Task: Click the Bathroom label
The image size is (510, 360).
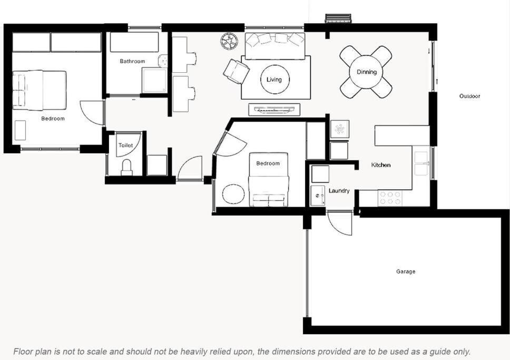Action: [x=132, y=61]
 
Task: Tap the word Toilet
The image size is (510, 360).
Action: [x=125, y=145]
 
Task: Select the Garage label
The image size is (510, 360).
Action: [x=406, y=271]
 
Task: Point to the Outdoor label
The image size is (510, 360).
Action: [x=469, y=96]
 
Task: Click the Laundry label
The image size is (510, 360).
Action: [x=339, y=191]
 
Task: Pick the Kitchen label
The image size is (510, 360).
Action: [x=381, y=165]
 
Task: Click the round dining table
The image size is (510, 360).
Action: [x=366, y=72]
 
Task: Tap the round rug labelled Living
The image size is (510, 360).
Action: [x=275, y=80]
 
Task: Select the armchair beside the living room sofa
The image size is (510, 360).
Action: [x=237, y=71]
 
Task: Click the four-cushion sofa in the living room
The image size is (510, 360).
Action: [x=275, y=46]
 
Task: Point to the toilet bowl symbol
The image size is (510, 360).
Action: [x=126, y=167]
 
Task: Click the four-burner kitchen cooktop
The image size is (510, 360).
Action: [x=390, y=198]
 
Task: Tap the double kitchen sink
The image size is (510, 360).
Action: [x=421, y=163]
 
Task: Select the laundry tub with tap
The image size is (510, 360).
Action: [x=318, y=196]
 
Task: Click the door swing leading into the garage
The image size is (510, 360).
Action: [x=340, y=223]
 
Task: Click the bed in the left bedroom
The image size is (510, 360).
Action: [x=40, y=90]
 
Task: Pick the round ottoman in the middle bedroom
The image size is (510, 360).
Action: [x=233, y=194]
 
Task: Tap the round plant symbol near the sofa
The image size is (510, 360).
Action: [x=229, y=41]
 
